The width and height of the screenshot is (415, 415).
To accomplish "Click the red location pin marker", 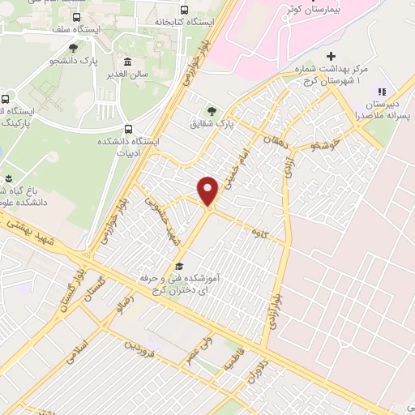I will [x=208, y=190].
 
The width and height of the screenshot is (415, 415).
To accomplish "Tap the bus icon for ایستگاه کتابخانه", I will [x=186, y=10].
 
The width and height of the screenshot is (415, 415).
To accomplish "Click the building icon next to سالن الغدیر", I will [x=128, y=61].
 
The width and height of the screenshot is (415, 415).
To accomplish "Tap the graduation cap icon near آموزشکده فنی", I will [x=179, y=266].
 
